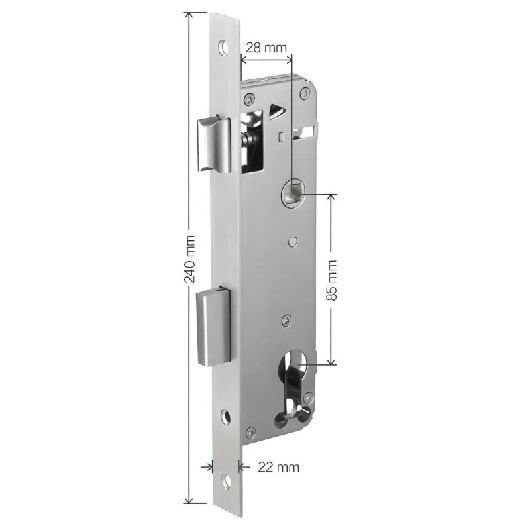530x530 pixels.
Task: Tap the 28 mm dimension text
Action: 266,48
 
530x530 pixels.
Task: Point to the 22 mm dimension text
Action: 278,467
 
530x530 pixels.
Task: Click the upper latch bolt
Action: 214,144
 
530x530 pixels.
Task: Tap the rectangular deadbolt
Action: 213,327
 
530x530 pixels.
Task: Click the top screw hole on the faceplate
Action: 223,46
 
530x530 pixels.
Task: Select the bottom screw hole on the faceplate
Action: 225,482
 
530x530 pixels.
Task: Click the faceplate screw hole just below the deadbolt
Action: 225,416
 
